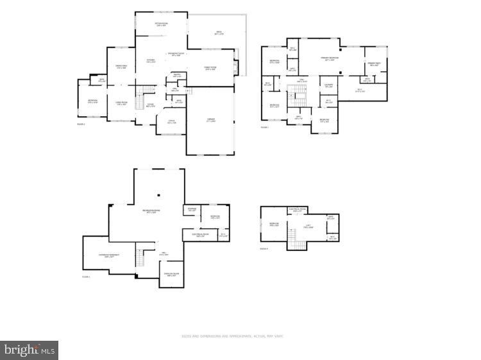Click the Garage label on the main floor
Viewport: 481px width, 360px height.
click(210, 120)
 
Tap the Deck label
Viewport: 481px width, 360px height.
click(219, 33)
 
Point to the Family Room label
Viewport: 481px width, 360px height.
click(210, 69)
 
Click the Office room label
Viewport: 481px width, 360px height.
click(171, 121)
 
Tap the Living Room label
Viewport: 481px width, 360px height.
click(121, 103)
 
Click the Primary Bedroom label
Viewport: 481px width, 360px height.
click(330, 59)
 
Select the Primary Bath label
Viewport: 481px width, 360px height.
click(375, 64)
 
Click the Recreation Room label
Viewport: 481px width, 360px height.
click(151, 211)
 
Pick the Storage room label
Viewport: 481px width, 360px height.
click(192, 209)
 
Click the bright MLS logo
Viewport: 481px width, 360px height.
click(30, 350)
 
